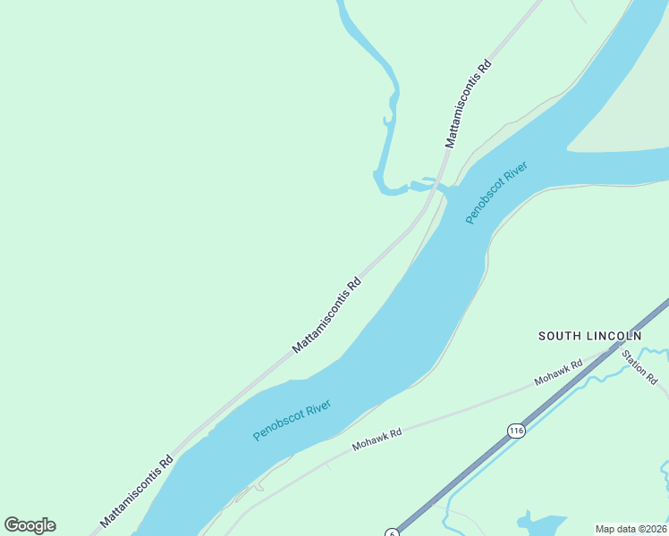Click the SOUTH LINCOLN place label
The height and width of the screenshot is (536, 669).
click(589, 336)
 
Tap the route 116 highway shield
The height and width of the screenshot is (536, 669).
click(515, 431)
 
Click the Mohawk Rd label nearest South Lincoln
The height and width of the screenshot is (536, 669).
click(558, 373)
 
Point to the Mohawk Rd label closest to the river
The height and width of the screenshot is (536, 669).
click(377, 439)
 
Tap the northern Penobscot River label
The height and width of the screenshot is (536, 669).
click(496, 193)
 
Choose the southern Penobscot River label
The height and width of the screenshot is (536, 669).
click(292, 420)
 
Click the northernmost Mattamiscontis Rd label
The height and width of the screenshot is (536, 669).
click(469, 104)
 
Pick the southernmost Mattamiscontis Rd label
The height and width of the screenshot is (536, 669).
click(136, 491)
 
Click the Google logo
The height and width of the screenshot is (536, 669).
click(30, 525)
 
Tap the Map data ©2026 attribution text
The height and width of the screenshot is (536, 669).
click(631, 529)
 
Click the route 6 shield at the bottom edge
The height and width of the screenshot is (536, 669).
click(392, 533)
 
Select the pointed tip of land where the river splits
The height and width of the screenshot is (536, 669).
click(572, 149)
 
